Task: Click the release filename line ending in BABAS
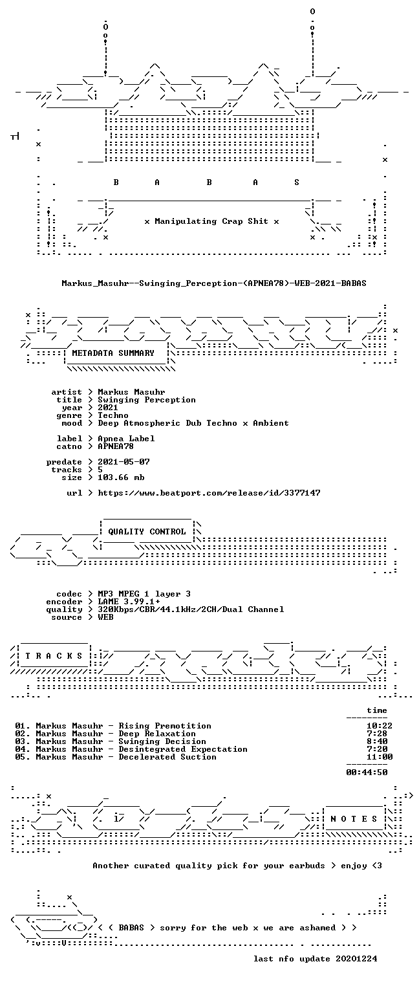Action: coord(214,283)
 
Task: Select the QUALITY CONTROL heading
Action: coord(147,532)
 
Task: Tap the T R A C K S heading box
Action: coord(54,656)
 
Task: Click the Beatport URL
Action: coord(209,493)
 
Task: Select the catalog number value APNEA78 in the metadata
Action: coord(116,446)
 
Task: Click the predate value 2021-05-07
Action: coord(124,462)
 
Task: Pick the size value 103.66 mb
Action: coord(121,477)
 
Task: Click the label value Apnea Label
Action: coord(126,439)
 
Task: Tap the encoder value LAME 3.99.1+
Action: coord(129,602)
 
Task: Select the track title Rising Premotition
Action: coord(165,726)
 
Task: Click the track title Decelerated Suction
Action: coord(167,757)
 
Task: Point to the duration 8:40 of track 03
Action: coord(377,741)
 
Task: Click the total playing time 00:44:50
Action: coord(367,772)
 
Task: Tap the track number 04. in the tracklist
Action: coord(23,749)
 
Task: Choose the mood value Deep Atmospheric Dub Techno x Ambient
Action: coord(193,423)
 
